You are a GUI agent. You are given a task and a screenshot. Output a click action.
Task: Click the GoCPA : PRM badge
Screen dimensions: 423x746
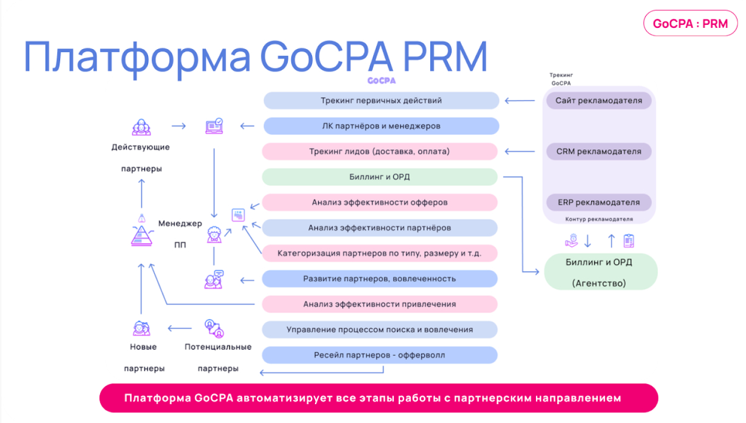pyautogui.click(x=690, y=24)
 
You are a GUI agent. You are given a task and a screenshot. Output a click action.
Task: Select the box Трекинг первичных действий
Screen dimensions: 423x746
pyautogui.click(x=381, y=101)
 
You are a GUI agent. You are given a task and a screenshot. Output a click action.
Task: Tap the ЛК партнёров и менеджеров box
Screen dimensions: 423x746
pyautogui.click(x=381, y=126)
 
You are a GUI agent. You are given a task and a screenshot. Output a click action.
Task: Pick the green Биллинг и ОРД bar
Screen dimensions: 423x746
pyautogui.click(x=380, y=177)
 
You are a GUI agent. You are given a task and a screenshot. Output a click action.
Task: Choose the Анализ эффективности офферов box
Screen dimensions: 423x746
pyautogui.click(x=380, y=202)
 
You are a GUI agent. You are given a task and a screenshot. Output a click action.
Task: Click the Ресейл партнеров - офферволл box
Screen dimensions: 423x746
pyautogui.click(x=380, y=355)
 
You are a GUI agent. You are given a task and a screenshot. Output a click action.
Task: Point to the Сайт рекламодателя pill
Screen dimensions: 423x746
pyautogui.click(x=598, y=101)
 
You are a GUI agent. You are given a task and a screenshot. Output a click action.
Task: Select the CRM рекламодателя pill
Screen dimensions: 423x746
pyautogui.click(x=598, y=152)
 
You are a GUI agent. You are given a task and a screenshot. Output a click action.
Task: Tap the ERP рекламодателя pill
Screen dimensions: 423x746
pyautogui.click(x=598, y=202)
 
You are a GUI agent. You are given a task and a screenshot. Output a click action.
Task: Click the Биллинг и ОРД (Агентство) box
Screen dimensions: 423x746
pyautogui.click(x=600, y=271)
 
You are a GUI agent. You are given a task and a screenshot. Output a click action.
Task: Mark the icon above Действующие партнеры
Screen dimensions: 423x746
pyautogui.click(x=141, y=127)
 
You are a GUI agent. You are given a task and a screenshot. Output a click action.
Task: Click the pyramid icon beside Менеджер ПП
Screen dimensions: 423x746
pyautogui.click(x=140, y=232)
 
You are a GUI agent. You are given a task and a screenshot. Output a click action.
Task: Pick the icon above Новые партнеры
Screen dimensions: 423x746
pyautogui.click(x=141, y=328)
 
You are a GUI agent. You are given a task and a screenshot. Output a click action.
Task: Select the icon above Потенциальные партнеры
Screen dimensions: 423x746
pyautogui.click(x=214, y=328)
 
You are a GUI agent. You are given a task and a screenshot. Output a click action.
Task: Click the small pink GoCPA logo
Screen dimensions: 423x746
pyautogui.click(x=381, y=80)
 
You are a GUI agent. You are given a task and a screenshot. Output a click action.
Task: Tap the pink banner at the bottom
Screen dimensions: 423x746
pyautogui.click(x=379, y=398)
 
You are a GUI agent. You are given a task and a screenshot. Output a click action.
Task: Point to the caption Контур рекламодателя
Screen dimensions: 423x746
pyautogui.click(x=598, y=219)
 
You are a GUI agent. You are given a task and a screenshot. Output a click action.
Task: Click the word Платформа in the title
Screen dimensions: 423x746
pyautogui.click(x=137, y=57)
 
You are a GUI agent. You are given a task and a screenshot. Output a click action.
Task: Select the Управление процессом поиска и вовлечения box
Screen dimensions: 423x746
pyautogui.click(x=380, y=330)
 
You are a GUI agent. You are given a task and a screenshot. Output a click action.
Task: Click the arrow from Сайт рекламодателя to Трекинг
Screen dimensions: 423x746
pyautogui.click(x=520, y=101)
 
